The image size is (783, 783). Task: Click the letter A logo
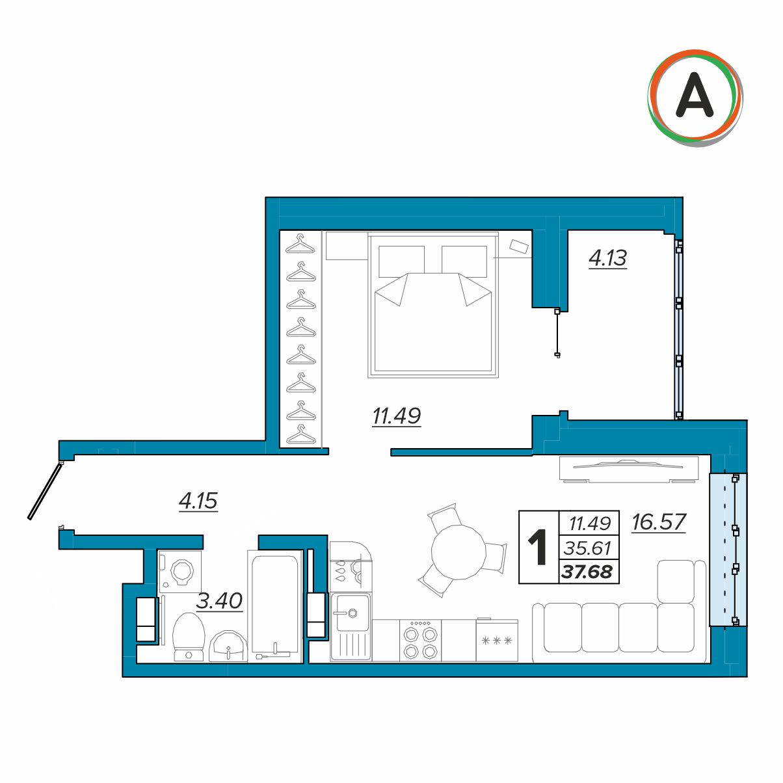695,98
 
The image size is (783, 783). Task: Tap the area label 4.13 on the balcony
607,258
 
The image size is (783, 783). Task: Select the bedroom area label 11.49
397,416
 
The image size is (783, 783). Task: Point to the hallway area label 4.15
198,501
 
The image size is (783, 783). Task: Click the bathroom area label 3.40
219,600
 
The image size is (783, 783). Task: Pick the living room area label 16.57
659,522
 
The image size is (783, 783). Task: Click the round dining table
458,551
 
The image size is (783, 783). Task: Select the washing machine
179,571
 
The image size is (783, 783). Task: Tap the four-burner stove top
420,641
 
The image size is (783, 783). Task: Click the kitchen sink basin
351,613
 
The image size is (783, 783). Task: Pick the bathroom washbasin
228,646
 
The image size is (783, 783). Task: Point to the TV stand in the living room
629,470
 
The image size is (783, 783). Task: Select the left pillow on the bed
401,261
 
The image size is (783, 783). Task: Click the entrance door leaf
45,492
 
